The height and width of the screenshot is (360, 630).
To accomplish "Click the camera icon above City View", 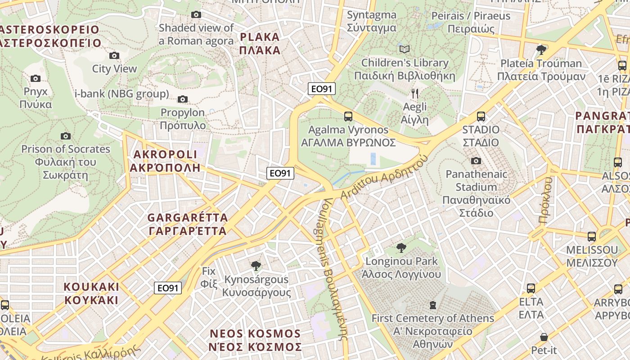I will (x=114, y=55).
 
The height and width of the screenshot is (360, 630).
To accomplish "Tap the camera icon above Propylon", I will (x=183, y=99).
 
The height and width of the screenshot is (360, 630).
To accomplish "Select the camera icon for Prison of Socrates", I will (x=66, y=136).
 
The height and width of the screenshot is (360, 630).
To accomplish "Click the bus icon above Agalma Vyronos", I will (x=348, y=117).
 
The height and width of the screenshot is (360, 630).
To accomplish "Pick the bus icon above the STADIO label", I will (x=481, y=117).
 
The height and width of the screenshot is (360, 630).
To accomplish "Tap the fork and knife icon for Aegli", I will (x=415, y=94).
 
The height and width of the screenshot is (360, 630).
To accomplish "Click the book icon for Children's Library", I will (x=405, y=49).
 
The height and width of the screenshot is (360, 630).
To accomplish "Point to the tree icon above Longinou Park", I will (x=401, y=247).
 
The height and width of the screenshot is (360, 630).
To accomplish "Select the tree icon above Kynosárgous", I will (x=256, y=265).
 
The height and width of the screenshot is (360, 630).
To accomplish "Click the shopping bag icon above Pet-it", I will (x=544, y=337).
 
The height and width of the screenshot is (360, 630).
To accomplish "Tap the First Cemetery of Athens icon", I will (x=432, y=305).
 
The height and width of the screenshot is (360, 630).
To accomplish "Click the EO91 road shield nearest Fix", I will (x=168, y=288).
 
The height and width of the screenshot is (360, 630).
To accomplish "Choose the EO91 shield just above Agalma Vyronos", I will (x=322, y=89).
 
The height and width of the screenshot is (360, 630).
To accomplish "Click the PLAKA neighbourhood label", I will (x=260, y=44).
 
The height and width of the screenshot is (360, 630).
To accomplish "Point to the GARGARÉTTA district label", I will (x=188, y=224).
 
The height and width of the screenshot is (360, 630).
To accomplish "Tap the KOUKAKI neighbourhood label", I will (x=91, y=293).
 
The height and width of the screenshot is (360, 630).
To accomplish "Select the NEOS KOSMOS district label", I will (x=255, y=340).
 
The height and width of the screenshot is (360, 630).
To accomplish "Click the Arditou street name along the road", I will (x=382, y=179).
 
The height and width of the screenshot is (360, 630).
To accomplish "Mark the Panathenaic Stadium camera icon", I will (x=476, y=161).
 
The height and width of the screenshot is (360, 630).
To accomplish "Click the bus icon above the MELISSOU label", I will (x=591, y=236).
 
